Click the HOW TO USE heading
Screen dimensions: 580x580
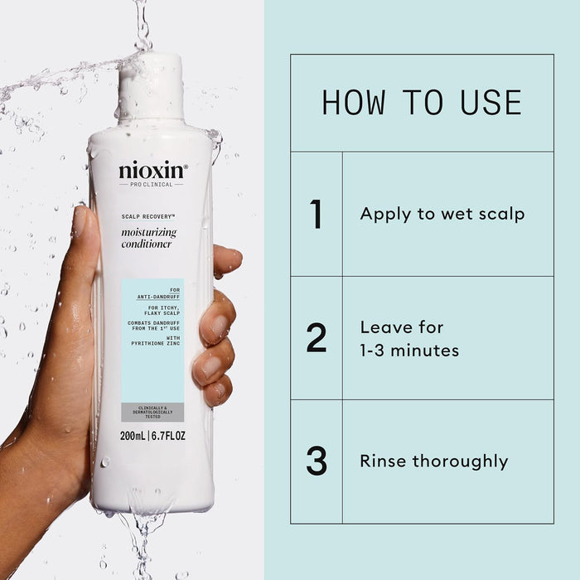pyautogui.click(x=422, y=103)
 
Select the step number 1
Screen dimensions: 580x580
pyautogui.click(x=316, y=214)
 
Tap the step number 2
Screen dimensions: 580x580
pyautogui.click(x=316, y=338)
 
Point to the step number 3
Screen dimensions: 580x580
pyautogui.click(x=316, y=462)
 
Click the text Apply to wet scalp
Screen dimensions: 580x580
pyautogui.click(x=442, y=214)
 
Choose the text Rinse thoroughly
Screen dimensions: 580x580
pyautogui.click(x=433, y=462)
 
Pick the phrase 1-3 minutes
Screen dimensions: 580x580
pyautogui.click(x=408, y=350)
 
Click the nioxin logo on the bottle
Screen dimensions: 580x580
pyautogui.click(x=152, y=171)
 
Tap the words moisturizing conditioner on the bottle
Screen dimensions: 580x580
pyautogui.click(x=147, y=238)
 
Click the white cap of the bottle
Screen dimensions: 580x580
pyautogui.click(x=151, y=87)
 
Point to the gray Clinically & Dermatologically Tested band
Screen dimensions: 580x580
pyautogui.click(x=152, y=412)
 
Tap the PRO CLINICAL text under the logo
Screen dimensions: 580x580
pyautogui.click(x=152, y=184)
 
